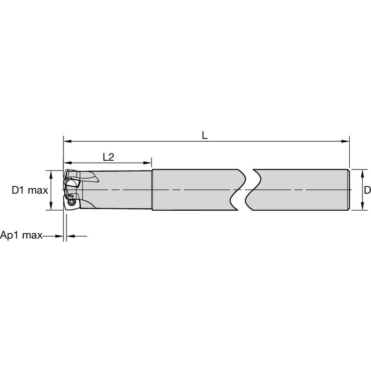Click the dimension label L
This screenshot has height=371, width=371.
point(205,135)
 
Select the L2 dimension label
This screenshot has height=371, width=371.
point(108,157)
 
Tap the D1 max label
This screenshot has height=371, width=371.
point(30,190)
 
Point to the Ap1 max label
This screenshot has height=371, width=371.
point(21,236)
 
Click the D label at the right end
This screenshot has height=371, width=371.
point(367,190)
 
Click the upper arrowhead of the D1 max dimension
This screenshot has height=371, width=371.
point(51,173)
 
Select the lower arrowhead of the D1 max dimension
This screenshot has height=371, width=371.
point(51,207)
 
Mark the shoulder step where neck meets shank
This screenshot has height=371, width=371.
point(152,190)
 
